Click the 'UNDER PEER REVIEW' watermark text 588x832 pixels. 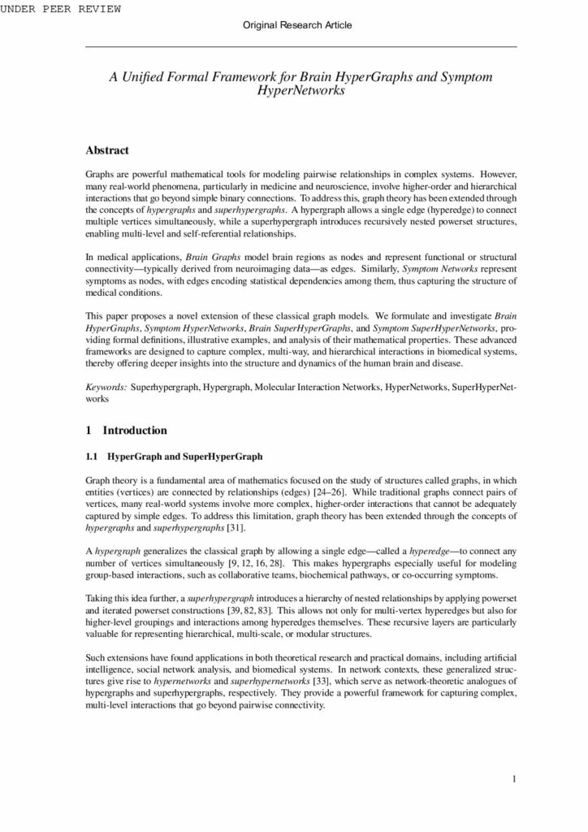(61, 9)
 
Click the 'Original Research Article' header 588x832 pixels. (297, 26)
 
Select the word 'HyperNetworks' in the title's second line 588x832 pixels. (300, 91)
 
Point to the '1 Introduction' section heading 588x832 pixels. (126, 430)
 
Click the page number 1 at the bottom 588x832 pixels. (515, 780)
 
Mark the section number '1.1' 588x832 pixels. (92, 455)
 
